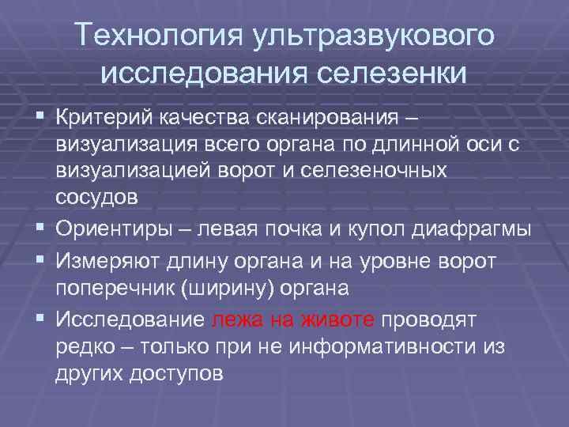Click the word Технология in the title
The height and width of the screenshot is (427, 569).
click(x=157, y=36)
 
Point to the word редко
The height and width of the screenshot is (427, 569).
click(x=83, y=346)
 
